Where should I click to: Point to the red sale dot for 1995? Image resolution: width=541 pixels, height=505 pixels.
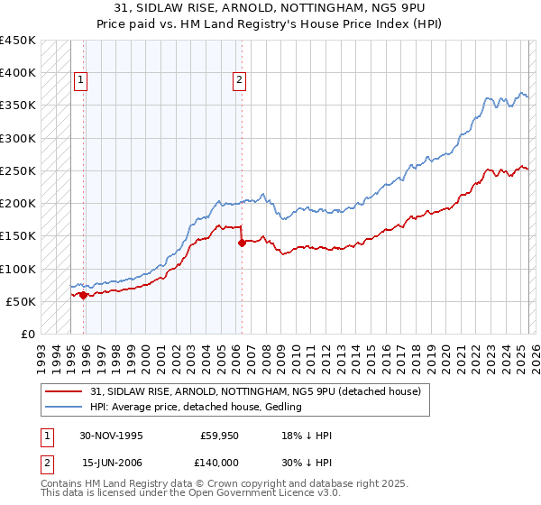click(x=84, y=295)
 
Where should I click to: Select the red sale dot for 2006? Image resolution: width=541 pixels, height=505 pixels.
click(x=242, y=243)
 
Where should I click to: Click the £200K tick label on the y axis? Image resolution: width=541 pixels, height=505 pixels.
click(x=18, y=204)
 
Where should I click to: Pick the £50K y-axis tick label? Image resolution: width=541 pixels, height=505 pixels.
click(x=21, y=301)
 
